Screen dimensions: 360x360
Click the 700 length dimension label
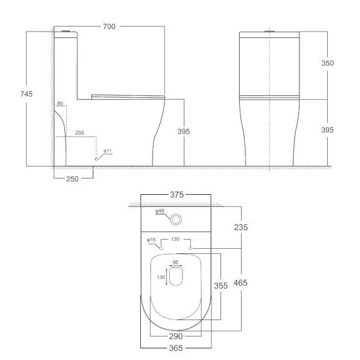tap(109, 26)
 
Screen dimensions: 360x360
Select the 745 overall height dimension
tap(26, 94)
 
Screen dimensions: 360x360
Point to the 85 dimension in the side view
tap(60, 104)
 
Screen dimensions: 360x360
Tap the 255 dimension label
tap(80, 132)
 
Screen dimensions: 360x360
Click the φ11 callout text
tap(107, 151)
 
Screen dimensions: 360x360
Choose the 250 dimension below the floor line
tap(72, 179)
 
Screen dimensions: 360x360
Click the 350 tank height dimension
tap(327, 63)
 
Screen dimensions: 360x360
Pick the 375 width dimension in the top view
tap(177, 195)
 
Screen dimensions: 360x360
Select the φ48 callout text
tap(160, 211)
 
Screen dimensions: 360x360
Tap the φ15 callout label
tap(151, 240)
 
